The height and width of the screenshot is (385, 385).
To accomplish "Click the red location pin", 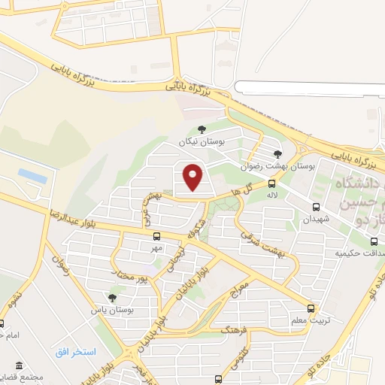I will click(194, 177).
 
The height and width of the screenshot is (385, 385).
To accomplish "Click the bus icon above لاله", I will click(271, 183).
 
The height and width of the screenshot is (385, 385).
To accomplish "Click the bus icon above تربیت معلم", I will click(311, 308).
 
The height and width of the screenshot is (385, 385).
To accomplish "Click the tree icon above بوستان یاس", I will click(113, 298).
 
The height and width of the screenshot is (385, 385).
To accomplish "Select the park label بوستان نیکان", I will click(197, 141).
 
